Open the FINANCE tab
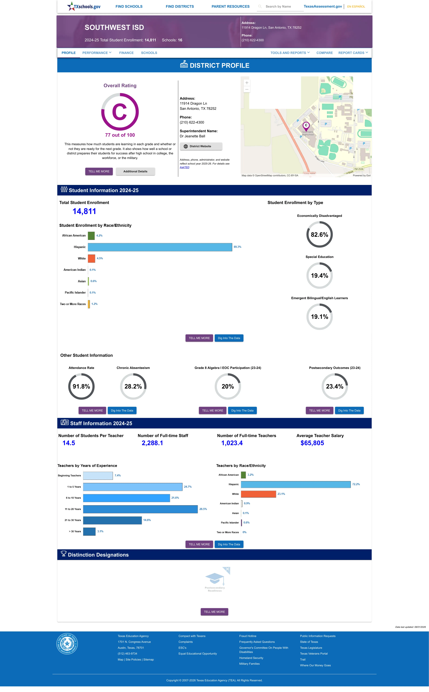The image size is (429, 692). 126,53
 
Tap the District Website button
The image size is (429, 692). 201,146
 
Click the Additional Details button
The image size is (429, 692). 135,172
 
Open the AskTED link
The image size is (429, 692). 184,167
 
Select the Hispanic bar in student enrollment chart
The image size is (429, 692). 160,247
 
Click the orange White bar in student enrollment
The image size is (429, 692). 91,258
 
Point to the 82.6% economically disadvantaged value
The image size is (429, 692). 319,235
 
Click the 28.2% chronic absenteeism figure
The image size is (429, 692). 133,386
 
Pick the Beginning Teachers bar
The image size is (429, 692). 98,476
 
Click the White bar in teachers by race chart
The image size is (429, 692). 258,494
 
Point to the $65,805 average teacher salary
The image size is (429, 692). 312,443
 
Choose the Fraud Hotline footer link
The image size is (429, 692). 248,636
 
